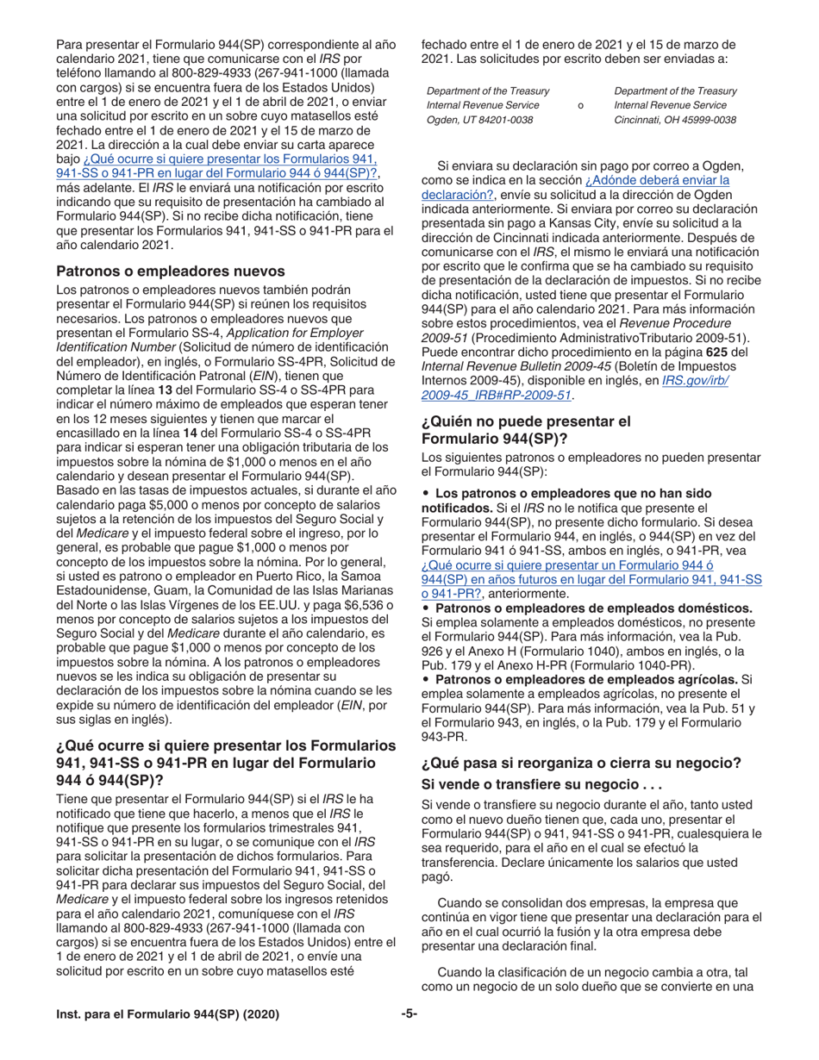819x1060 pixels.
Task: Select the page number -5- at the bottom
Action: point(409,1014)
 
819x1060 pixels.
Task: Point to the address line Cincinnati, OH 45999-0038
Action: point(675,120)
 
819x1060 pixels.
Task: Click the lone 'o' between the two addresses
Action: point(579,105)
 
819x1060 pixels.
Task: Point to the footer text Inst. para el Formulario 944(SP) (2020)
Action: point(167,1014)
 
